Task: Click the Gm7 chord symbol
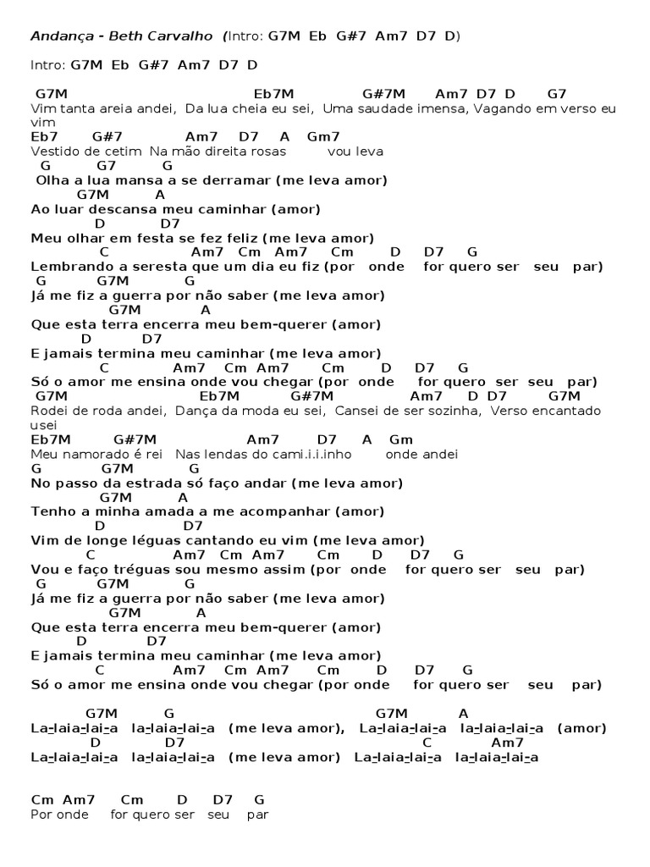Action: coord(323,136)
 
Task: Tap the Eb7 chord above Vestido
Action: coord(44,136)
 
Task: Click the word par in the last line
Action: coord(257,815)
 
